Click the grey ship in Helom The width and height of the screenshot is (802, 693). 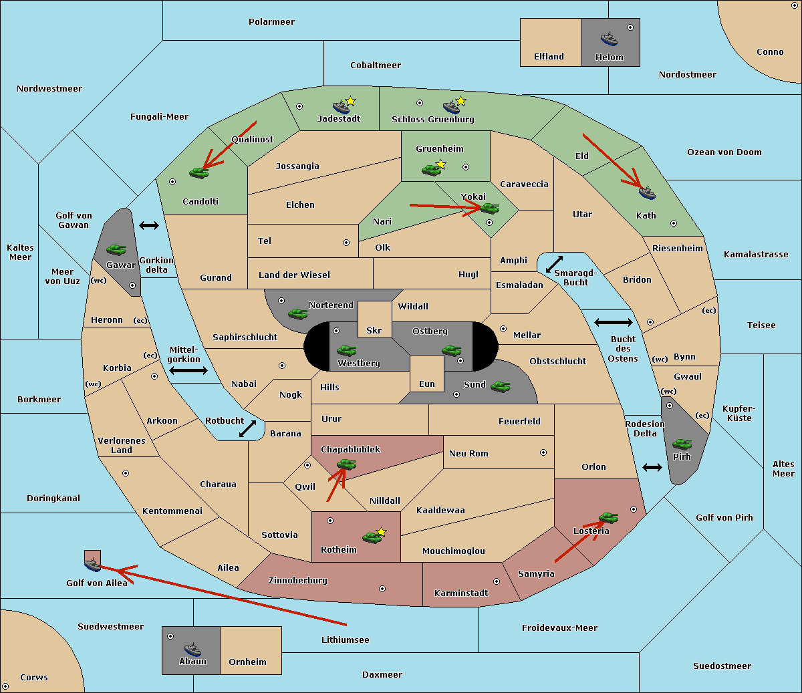point(608,39)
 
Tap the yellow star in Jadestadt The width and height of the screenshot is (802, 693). point(351,101)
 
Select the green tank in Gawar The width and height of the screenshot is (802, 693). point(116,250)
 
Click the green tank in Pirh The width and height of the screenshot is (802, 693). point(682,444)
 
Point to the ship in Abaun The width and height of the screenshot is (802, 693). point(192,648)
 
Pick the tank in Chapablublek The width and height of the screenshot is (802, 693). point(346,464)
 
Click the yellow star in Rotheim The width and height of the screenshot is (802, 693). point(382,532)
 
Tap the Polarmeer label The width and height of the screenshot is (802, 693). point(271,22)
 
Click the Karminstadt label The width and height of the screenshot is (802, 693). point(461,593)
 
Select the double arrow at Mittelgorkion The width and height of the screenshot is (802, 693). point(188,371)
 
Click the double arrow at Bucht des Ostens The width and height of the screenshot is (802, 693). point(613,323)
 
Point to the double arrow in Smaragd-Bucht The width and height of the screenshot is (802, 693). point(555,264)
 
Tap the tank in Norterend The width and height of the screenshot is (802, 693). point(297,313)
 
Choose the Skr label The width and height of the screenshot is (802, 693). point(374,331)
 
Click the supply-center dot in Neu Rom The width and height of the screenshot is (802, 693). point(543,452)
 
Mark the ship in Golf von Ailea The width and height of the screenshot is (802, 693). point(92,565)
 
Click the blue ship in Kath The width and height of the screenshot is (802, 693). point(647,193)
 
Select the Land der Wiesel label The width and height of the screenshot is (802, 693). point(294,275)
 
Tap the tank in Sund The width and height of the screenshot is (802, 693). point(500,386)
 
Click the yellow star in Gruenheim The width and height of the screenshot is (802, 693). point(440,164)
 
